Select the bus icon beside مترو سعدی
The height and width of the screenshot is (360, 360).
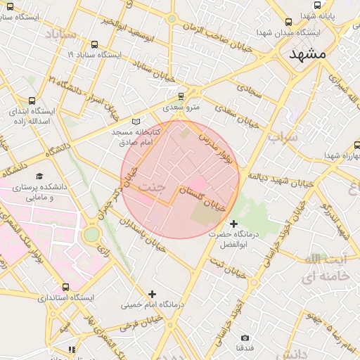click(181, 96)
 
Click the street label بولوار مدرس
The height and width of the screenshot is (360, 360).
click(224, 149)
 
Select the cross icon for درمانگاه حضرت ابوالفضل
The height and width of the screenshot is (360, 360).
click(234, 223)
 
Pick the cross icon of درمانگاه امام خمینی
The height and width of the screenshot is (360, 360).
click(152, 293)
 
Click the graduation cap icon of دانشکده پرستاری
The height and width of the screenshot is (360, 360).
click(40, 176)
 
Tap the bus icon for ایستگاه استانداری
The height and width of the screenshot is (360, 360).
click(65, 287)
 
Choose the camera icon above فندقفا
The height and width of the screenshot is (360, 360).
click(245, 337)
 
